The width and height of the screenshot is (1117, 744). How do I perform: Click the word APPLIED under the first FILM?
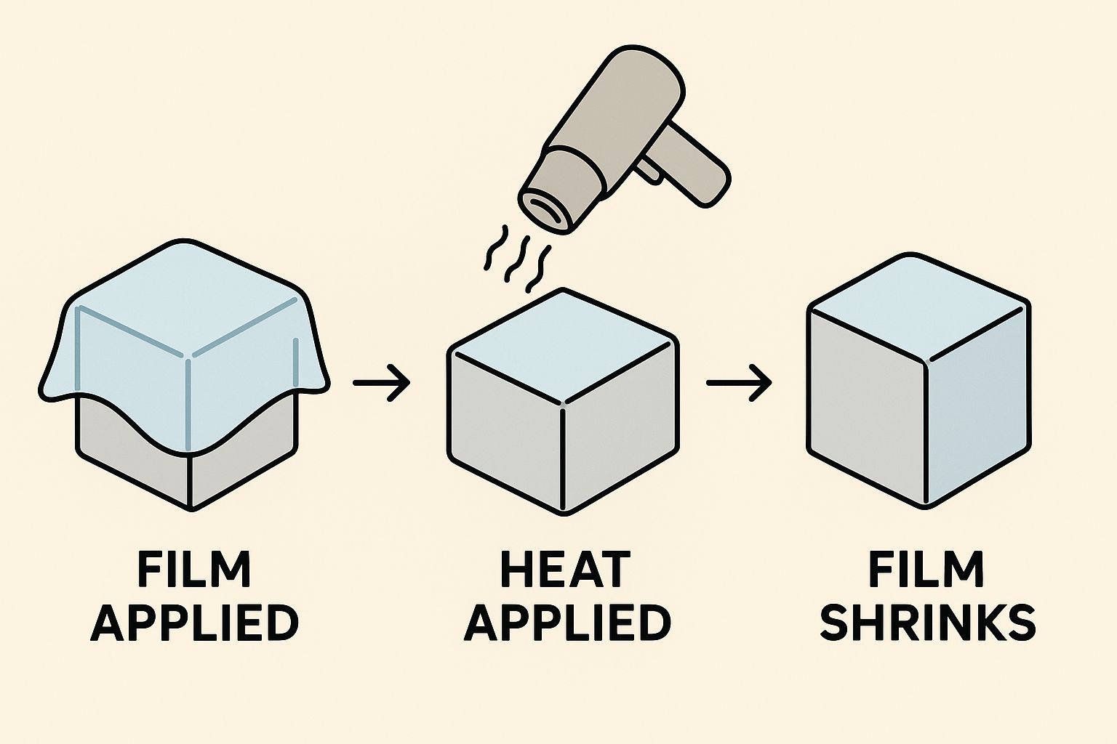coord(194,623)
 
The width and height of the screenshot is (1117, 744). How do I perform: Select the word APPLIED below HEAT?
coord(566,623)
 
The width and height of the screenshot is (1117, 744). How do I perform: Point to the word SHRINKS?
coord(928,623)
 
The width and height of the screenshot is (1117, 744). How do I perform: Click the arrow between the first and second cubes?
coord(382,381)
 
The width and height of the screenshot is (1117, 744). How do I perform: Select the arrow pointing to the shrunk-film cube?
coord(738,381)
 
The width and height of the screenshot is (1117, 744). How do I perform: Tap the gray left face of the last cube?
coord(865,407)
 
